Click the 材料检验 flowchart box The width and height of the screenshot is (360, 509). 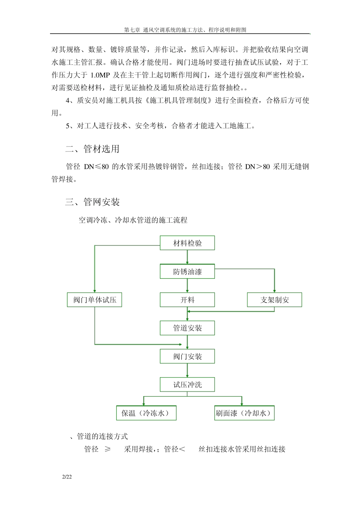pyautogui.click(x=187, y=243)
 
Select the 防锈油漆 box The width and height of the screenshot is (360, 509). pyautogui.click(x=187, y=272)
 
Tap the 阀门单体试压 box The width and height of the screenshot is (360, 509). pyautogui.click(x=95, y=300)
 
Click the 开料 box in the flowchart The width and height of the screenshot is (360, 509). pyautogui.click(x=187, y=300)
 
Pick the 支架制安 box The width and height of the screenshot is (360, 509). pyautogui.click(x=274, y=300)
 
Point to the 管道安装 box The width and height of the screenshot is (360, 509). pyautogui.click(x=187, y=328)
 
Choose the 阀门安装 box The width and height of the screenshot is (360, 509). pyautogui.click(x=187, y=356)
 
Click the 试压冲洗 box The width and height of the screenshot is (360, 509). pyautogui.click(x=187, y=385)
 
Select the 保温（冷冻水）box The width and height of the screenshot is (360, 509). pyautogui.click(x=146, y=413)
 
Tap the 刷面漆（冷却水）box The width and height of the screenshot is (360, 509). pyautogui.click(x=244, y=413)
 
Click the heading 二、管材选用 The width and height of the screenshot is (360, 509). pyautogui.click(x=92, y=149)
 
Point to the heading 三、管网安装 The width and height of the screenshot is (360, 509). pyautogui.click(x=92, y=202)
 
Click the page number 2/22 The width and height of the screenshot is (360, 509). pyautogui.click(x=67, y=477)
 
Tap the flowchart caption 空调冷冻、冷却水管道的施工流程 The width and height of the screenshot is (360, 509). pyautogui.click(x=133, y=220)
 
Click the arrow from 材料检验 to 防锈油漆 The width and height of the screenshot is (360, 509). pyautogui.click(x=187, y=257)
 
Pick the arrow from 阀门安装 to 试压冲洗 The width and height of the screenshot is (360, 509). pyautogui.click(x=187, y=370)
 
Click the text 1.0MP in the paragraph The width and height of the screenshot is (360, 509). pyautogui.click(x=100, y=75)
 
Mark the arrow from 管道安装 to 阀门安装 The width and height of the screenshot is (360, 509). pyautogui.click(x=187, y=342)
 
